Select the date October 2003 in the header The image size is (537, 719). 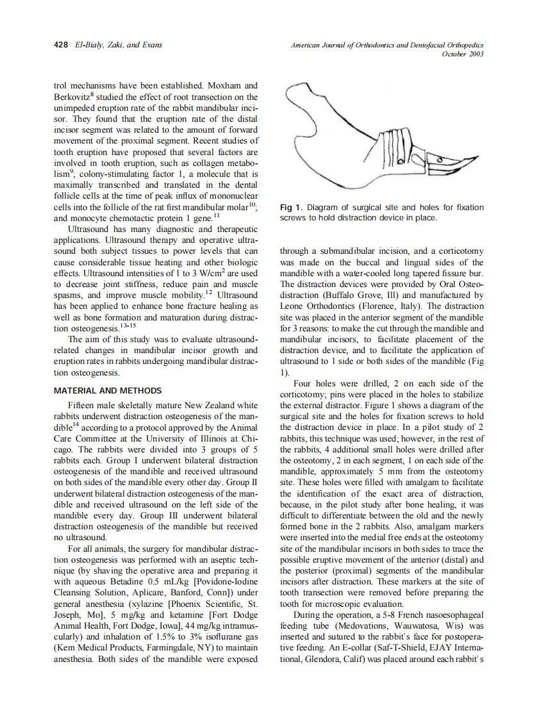point(463,54)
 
